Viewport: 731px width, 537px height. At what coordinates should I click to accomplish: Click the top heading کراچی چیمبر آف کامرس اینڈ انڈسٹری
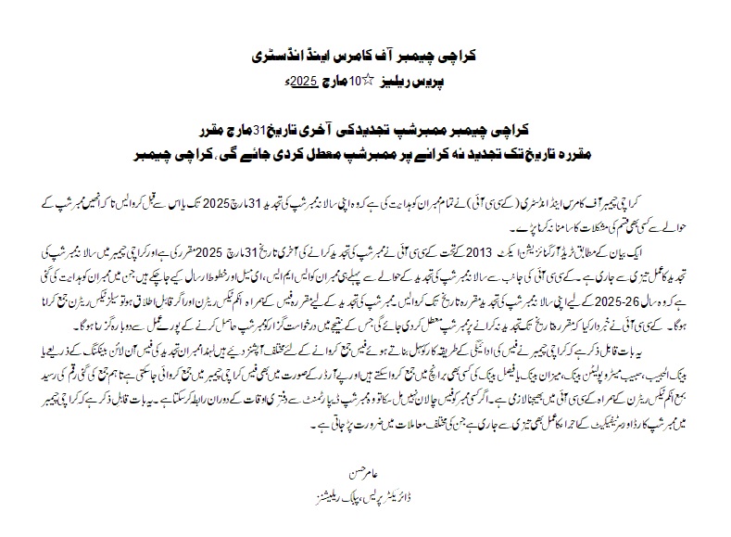point(365,55)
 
